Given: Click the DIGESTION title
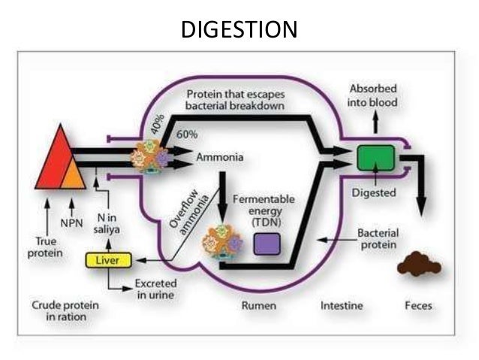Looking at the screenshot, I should (x=239, y=30).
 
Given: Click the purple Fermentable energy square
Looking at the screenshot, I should (x=267, y=244).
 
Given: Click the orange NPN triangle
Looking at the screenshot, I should (x=73, y=174).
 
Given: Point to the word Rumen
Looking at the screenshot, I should (x=258, y=306).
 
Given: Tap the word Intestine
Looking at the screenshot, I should (x=342, y=306).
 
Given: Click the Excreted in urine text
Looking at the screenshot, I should (x=155, y=289).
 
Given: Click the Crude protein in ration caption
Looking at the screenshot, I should (x=60, y=311).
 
